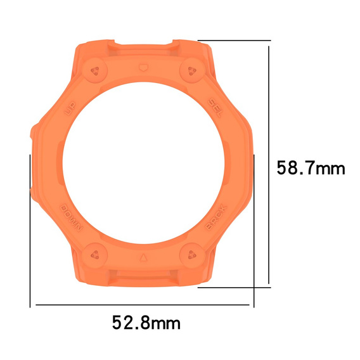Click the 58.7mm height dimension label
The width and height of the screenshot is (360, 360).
[311, 168]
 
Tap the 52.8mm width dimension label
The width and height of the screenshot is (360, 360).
[146, 323]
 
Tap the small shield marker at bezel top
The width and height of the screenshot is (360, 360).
[142, 66]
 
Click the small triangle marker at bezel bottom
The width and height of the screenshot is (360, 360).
[143, 259]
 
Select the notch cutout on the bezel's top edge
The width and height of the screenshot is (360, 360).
[142, 45]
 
